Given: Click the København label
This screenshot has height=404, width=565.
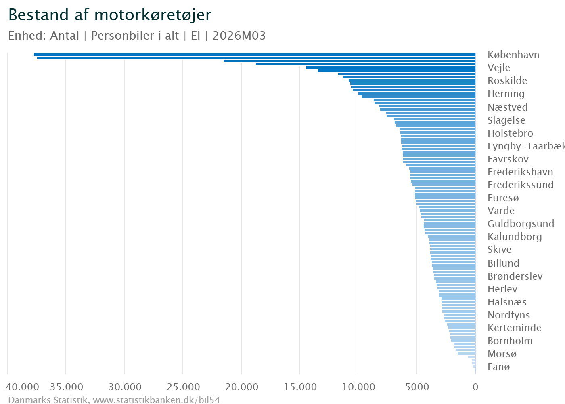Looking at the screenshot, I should [513, 55].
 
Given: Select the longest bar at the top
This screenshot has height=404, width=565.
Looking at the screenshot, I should [254, 54].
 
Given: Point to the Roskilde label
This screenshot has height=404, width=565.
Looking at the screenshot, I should [507, 81].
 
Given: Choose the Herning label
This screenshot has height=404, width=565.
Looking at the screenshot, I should [506, 94].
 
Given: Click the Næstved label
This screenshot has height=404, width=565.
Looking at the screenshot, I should [507, 107].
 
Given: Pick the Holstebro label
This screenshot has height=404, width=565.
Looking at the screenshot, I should [510, 133].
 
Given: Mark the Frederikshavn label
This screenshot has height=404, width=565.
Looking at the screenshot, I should [520, 172].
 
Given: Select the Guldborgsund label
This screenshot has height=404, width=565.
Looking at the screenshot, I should [521, 224].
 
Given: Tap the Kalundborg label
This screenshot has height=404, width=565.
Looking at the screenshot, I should [515, 237].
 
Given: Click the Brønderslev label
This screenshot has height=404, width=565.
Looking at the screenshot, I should [515, 276].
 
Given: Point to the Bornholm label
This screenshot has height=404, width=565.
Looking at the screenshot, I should [510, 341].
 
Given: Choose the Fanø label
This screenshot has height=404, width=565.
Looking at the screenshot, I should [498, 367].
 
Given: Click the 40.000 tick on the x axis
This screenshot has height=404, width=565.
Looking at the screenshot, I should [23, 387].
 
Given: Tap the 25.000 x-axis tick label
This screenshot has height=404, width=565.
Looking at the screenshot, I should [183, 387].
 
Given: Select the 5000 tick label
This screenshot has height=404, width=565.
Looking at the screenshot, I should [416, 387].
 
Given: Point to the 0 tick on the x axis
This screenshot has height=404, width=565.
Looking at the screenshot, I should [475, 387].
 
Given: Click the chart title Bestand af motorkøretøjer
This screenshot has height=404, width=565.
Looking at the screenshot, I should [110, 15].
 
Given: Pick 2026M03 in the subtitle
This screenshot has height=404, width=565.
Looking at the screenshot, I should [239, 36].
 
